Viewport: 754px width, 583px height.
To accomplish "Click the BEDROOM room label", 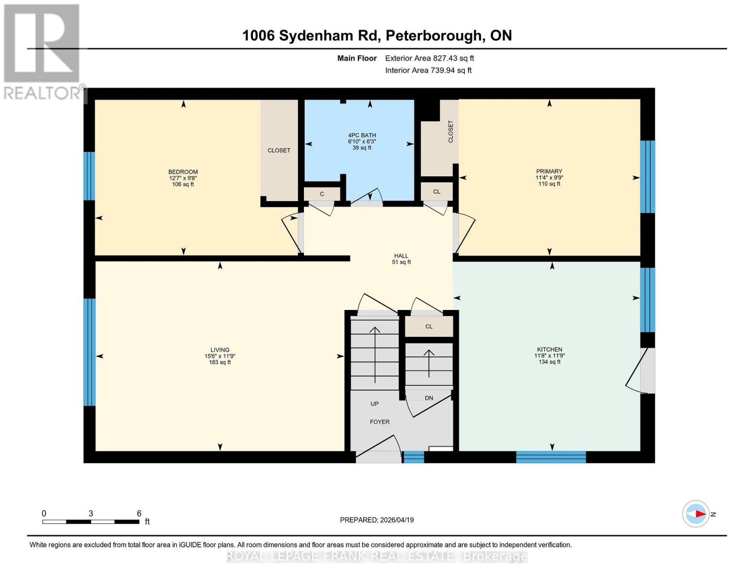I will pyautogui.click(x=183, y=172).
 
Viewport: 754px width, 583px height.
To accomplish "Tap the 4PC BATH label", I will pyautogui.click(x=362, y=136).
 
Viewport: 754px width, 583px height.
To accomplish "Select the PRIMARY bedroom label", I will pyautogui.click(x=549, y=171).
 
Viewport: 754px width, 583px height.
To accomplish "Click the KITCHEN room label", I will pyautogui.click(x=549, y=349).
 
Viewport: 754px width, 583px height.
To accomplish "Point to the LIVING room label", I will pyautogui.click(x=219, y=350).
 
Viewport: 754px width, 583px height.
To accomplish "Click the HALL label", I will pyautogui.click(x=401, y=256).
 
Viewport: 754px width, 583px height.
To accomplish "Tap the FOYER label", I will pyautogui.click(x=380, y=422).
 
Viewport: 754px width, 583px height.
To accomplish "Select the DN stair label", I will pyautogui.click(x=429, y=398).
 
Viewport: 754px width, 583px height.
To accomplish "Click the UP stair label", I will pyautogui.click(x=374, y=404).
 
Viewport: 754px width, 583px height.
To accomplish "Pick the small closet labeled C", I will pyautogui.click(x=322, y=194).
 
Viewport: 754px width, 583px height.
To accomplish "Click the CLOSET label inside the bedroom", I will pyautogui.click(x=279, y=151).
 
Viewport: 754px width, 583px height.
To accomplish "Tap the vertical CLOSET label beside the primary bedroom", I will pyautogui.click(x=451, y=132).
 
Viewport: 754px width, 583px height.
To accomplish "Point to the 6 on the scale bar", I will pyautogui.click(x=139, y=514).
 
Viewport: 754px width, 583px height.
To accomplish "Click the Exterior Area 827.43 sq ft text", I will pyautogui.click(x=429, y=58).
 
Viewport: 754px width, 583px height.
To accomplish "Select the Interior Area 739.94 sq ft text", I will pyautogui.click(x=428, y=70).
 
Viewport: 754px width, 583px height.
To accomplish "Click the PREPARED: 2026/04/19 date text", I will pyautogui.click(x=377, y=520).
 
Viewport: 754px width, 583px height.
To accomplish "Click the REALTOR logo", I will pyautogui.click(x=43, y=51).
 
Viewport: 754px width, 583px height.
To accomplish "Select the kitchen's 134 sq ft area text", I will pyautogui.click(x=549, y=362).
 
